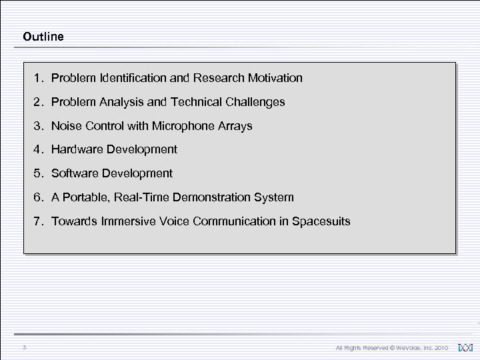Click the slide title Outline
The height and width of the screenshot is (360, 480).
point(43,37)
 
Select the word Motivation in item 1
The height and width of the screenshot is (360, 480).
point(273,78)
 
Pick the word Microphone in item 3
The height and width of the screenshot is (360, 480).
point(179,125)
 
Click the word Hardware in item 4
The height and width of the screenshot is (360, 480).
point(76,149)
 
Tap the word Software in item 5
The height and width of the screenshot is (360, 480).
point(74,173)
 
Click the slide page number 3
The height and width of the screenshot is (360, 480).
point(23,347)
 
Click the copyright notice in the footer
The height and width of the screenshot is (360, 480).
point(392,347)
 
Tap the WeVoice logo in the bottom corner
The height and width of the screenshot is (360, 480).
point(465,347)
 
